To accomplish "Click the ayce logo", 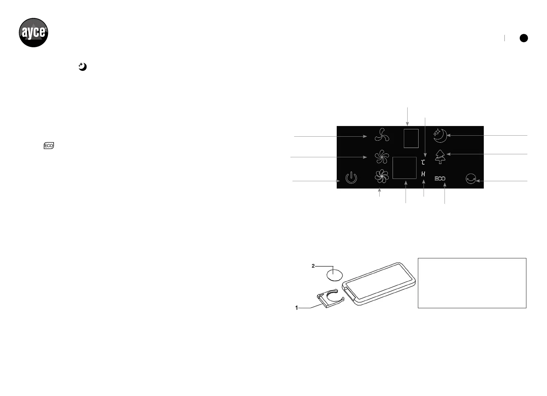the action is pos(33,33).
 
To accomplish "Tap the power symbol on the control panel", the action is pos(351,178).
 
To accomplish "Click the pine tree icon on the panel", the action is pos(440,156).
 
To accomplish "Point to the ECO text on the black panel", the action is pos(440,179).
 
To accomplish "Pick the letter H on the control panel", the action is pos(423,174).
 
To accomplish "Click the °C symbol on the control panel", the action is pos(423,162).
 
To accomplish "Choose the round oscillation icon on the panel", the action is pos(470,179).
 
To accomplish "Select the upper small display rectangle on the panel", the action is pos(411,138).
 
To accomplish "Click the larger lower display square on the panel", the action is pos(404,168).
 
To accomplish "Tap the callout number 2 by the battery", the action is pos(313,266).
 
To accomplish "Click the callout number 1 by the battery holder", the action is pos(296,308).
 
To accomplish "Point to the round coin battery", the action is pos(335,275).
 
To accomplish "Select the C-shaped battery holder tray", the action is pos(330,298).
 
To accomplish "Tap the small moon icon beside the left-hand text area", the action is pos(82,67).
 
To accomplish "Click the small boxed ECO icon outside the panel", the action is pos(49,146).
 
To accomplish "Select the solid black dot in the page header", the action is pos(524,38).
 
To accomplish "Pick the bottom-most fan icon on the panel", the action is pos(382,177).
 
